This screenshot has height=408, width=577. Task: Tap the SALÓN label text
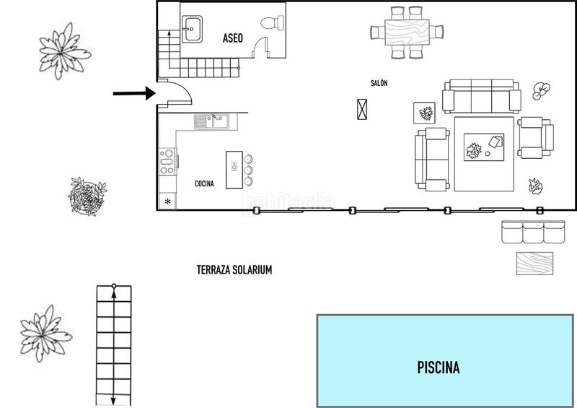pyautogui.click(x=379, y=83)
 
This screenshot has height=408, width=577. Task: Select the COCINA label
pyautogui.click(x=205, y=183)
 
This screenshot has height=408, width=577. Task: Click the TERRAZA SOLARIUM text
pyautogui.click(x=234, y=269)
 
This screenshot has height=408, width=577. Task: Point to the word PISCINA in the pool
pyautogui.click(x=439, y=368)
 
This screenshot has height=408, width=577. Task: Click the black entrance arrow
pyautogui.click(x=134, y=93)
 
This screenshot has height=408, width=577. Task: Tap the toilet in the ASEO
pyautogui.click(x=272, y=23)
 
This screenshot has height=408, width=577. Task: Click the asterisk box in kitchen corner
pyautogui.click(x=168, y=201)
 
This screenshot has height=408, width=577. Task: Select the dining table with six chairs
pyautogui.click(x=407, y=32)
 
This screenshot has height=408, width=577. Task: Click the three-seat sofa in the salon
pyautogui.click(x=482, y=96)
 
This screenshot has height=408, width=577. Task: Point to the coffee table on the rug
pyautogui.click(x=483, y=146)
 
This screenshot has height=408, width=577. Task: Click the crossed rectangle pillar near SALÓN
pyautogui.click(x=362, y=109)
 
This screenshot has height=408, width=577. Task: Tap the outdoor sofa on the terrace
pyautogui.click(x=533, y=233)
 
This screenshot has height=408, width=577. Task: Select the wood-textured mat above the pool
pyautogui.click(x=534, y=263)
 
